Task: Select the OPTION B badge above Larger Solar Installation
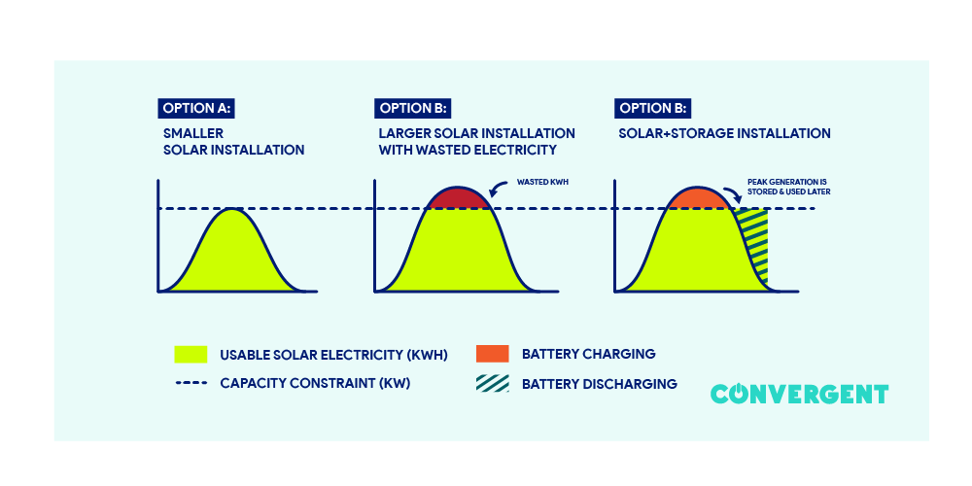(412, 108)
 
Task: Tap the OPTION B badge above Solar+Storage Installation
(653, 108)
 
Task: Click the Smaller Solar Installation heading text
(234, 142)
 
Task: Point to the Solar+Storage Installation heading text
(724, 133)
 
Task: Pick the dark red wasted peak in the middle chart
(460, 198)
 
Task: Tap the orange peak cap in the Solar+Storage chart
(700, 198)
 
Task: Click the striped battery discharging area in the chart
(754, 243)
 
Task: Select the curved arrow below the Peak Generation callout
(731, 194)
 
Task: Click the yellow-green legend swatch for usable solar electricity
(191, 354)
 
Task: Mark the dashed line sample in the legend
(191, 383)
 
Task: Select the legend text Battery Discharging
(600, 383)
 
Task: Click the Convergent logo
(799, 394)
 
